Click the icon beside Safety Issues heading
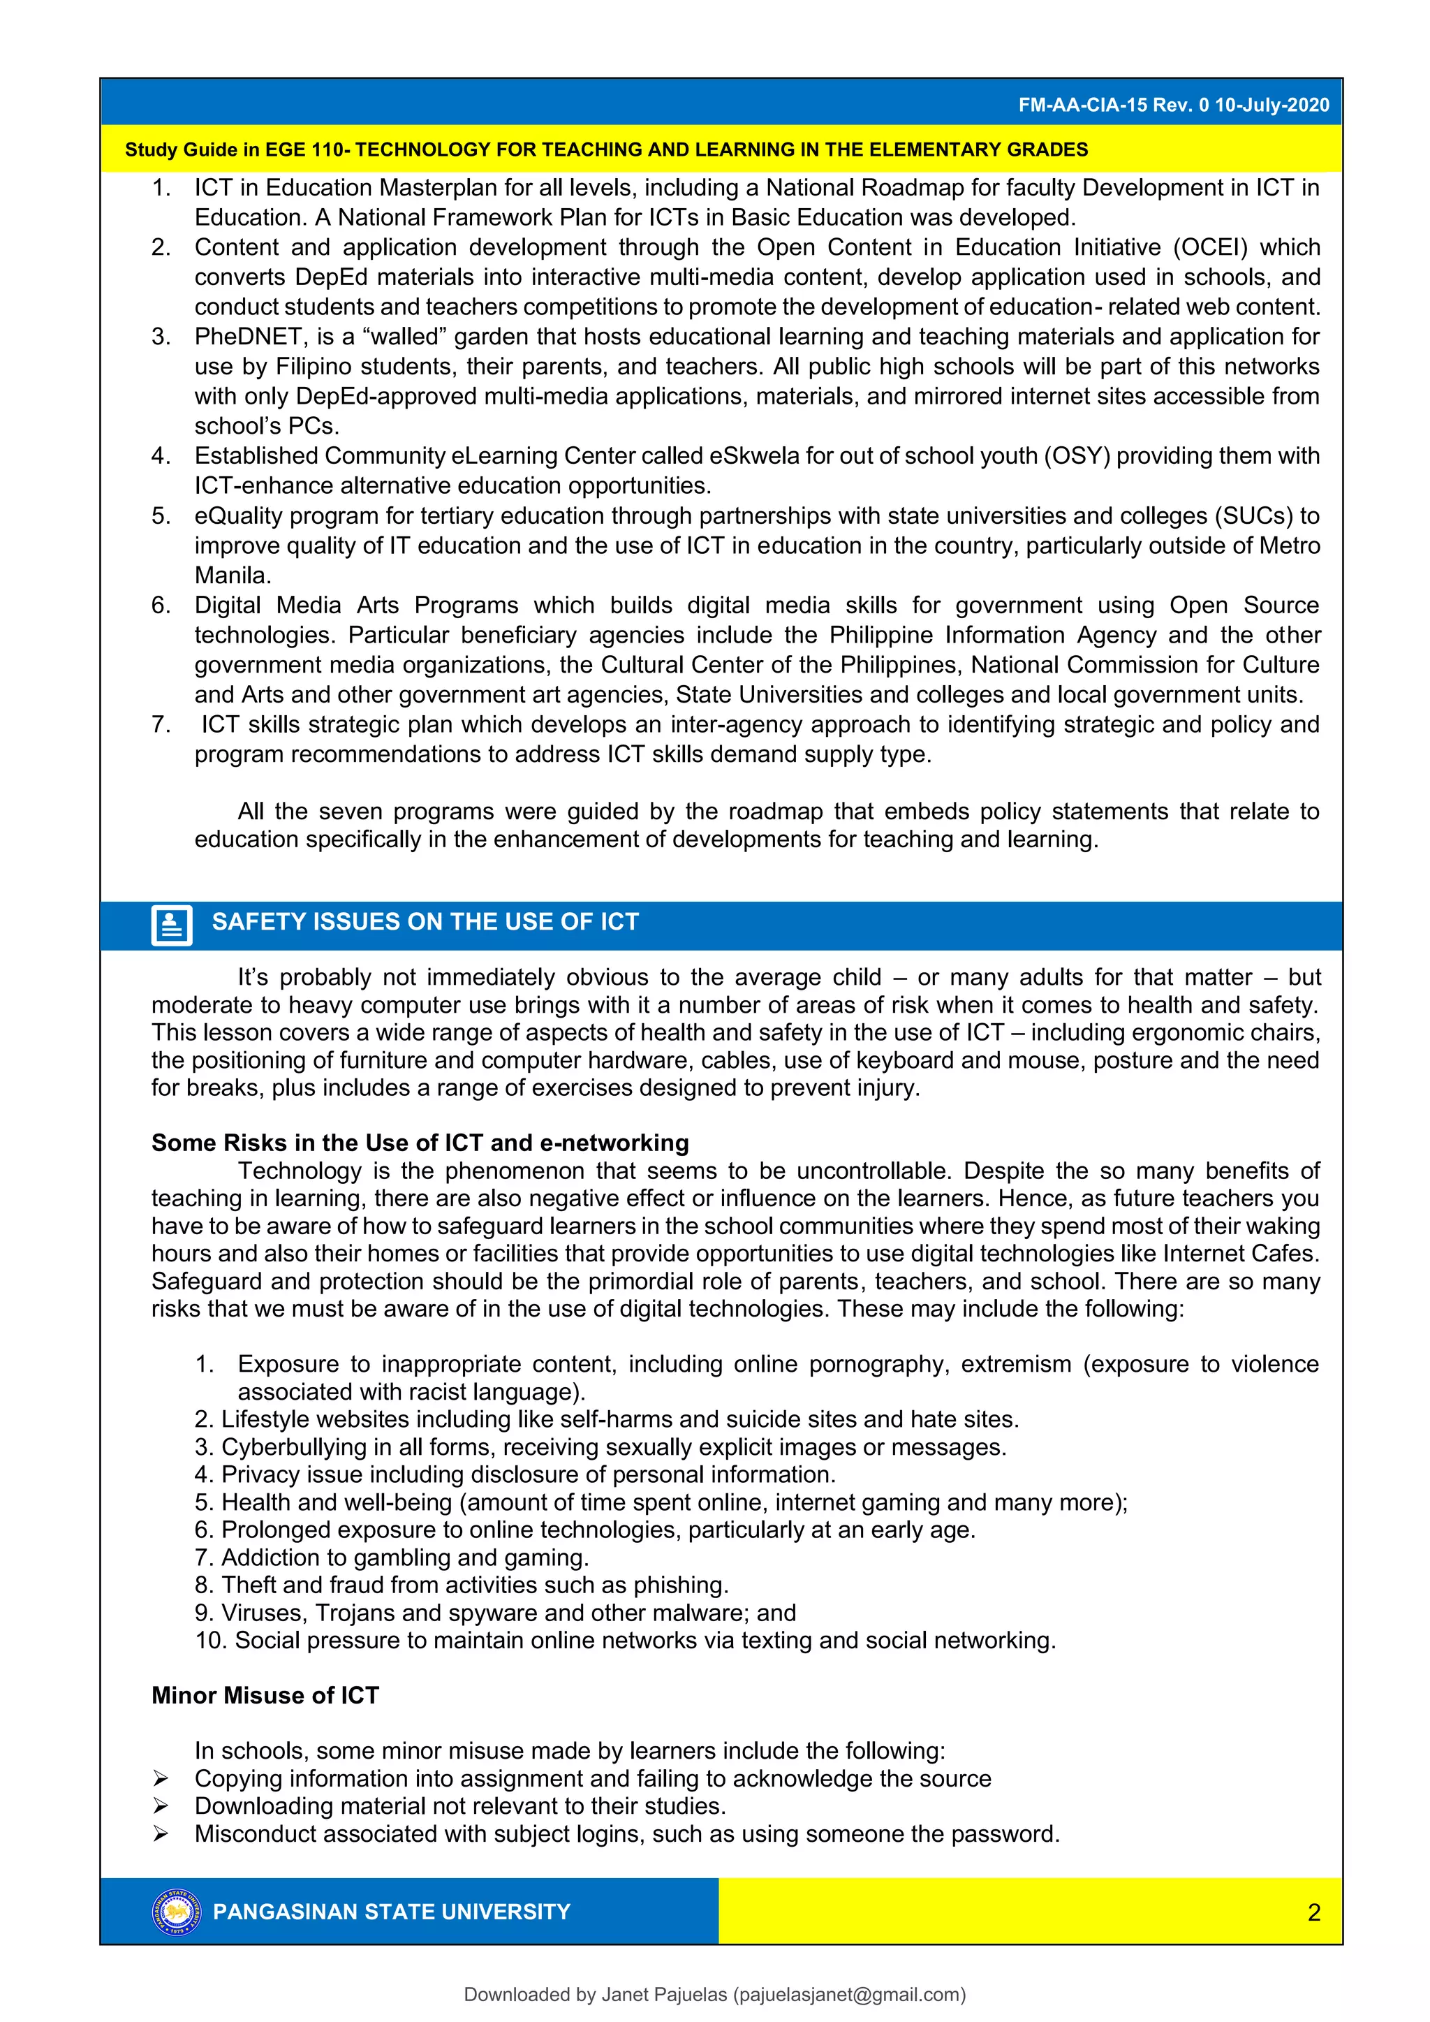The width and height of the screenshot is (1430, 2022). [x=172, y=925]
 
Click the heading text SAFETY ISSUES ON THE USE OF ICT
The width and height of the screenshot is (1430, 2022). [x=425, y=922]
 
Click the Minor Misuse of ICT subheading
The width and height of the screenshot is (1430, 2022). [x=265, y=1695]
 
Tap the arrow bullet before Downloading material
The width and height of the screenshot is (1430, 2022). [x=161, y=1806]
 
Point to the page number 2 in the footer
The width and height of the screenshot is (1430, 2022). [x=1314, y=1913]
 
